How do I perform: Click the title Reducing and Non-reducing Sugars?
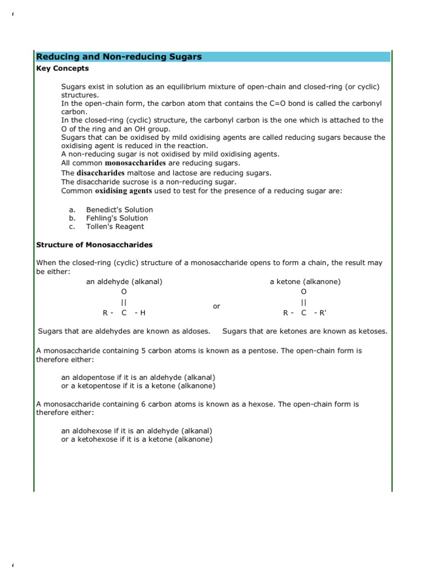click(x=119, y=57)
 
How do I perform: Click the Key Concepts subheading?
click(x=62, y=69)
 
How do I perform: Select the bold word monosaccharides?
click(x=135, y=164)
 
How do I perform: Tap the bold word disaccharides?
click(x=100, y=173)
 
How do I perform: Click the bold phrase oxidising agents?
click(x=121, y=191)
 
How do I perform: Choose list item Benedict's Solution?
click(x=119, y=210)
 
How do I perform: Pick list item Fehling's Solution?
click(x=117, y=218)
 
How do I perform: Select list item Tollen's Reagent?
click(x=115, y=226)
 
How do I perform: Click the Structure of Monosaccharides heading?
click(x=94, y=245)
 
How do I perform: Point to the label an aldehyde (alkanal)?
click(x=124, y=282)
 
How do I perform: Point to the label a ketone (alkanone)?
click(x=305, y=282)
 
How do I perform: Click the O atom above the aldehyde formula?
click(x=124, y=292)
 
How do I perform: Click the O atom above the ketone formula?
click(x=303, y=292)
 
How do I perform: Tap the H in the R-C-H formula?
click(x=143, y=313)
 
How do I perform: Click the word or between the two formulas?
click(x=216, y=306)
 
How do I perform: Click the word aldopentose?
click(x=93, y=378)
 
